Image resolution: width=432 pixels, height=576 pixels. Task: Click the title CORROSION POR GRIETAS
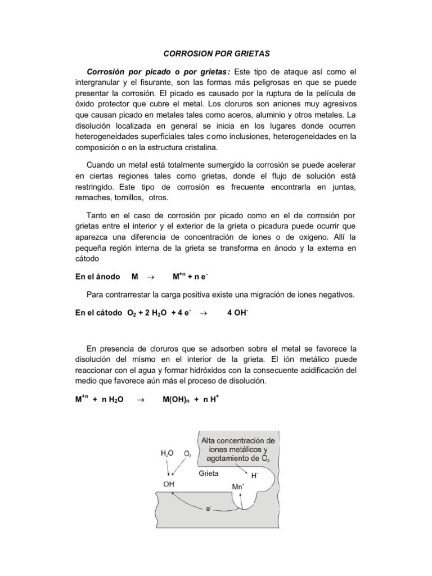coord(217,54)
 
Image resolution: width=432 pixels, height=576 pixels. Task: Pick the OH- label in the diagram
coord(169,481)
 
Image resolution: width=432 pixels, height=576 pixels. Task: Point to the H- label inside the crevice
coord(254,475)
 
